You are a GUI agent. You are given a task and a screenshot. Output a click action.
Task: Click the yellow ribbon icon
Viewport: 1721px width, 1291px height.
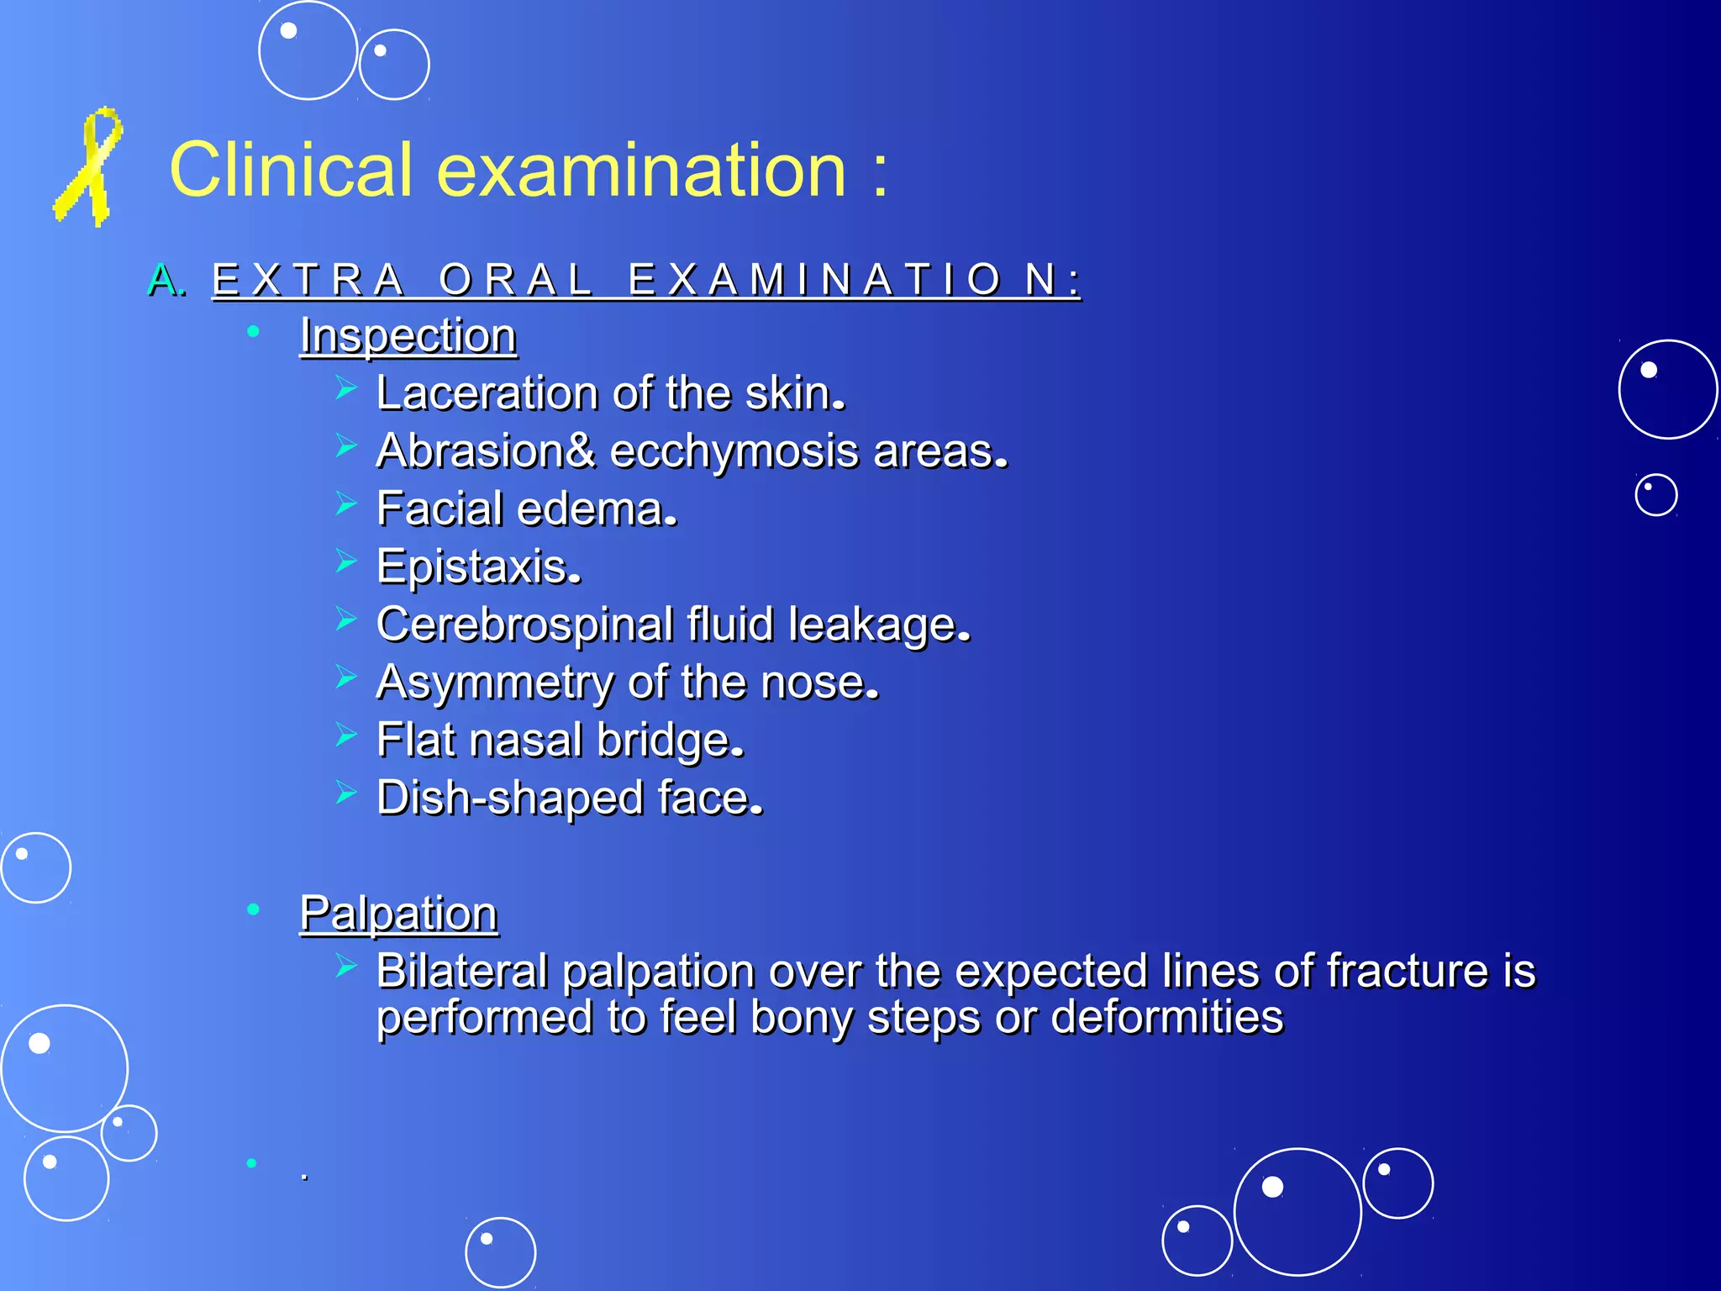88,167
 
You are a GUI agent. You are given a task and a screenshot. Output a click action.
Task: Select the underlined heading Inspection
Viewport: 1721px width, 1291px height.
408,336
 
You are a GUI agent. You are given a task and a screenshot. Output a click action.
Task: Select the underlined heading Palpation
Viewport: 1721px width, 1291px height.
399,914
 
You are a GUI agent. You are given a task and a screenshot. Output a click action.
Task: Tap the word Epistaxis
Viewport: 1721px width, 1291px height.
477,567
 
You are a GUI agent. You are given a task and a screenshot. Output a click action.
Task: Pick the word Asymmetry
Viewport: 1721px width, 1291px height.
495,682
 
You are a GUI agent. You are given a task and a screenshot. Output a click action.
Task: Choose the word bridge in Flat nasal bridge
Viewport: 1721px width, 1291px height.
669,740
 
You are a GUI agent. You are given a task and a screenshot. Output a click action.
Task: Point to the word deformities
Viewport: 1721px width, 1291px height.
1167,1017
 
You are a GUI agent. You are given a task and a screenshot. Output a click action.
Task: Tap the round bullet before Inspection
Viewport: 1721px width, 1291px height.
253,333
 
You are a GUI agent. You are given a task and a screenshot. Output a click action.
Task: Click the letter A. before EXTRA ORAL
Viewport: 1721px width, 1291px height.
166,281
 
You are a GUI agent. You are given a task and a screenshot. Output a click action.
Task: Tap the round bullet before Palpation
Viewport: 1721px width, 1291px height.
253,909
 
